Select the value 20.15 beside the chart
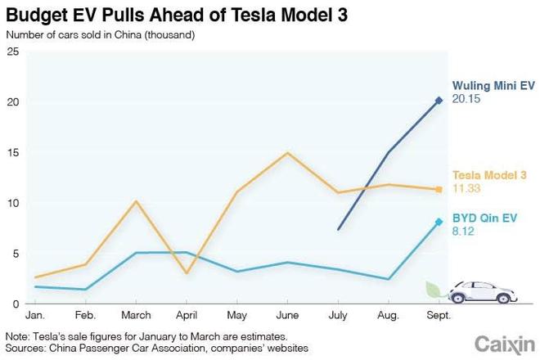coord(467,98)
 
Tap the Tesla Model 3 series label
coord(489,175)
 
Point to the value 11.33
coord(467,189)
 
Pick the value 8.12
coord(464,232)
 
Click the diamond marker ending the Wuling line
coord(439,100)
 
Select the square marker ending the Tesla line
coord(439,189)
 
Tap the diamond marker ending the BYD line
coord(439,222)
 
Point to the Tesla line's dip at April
coord(187,273)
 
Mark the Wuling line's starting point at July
coord(339,229)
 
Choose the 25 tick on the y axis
coord(12,52)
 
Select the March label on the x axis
coord(137,315)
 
